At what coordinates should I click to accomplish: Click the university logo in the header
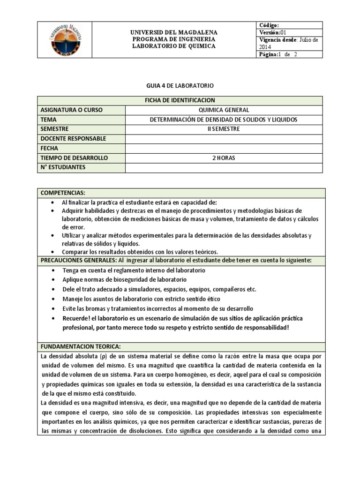[69, 40]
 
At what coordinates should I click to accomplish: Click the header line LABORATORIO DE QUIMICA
[173, 46]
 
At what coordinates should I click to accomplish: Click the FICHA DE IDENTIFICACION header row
[180, 100]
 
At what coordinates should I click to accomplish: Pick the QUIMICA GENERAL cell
[224, 110]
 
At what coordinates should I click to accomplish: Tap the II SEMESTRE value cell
[224, 129]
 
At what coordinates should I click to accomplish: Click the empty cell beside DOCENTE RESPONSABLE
[224, 139]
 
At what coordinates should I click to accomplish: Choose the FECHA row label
[49, 148]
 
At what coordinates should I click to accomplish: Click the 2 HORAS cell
[224, 158]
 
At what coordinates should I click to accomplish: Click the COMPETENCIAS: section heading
[63, 193]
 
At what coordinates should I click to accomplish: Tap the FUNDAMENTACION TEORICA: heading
[81, 346]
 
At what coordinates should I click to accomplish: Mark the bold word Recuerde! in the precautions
[77, 318]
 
